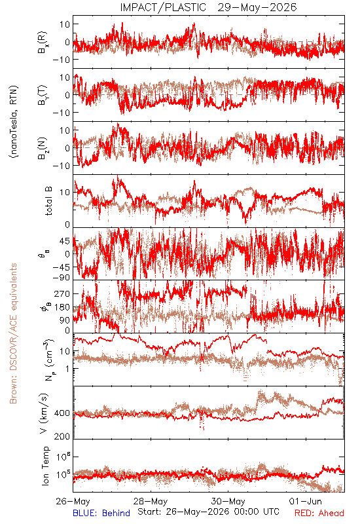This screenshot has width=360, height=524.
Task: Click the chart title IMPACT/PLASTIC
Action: [x=163, y=7]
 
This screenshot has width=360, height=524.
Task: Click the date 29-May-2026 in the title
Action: [x=257, y=7]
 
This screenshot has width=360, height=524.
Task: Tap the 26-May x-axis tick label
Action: [x=73, y=501]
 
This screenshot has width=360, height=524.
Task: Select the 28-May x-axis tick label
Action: [x=151, y=501]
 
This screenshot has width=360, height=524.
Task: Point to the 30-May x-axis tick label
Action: [x=228, y=501]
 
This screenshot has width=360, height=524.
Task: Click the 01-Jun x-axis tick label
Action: [x=305, y=501]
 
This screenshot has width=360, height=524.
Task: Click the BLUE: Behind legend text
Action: [x=101, y=513]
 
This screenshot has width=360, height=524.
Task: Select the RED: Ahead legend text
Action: [x=319, y=513]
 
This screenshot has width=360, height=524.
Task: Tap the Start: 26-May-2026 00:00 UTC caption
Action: [x=208, y=512]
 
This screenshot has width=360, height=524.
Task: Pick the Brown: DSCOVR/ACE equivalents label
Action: [x=13, y=333]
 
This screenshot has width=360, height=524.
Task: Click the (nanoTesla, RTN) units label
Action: [x=14, y=121]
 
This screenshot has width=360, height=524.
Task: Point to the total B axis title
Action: [x=48, y=201]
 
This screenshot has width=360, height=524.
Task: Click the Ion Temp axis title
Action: [x=45, y=466]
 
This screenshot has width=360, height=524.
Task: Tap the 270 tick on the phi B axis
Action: [x=62, y=293]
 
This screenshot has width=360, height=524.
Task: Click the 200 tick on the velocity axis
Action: [x=62, y=436]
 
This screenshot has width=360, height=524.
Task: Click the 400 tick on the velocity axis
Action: [x=62, y=413]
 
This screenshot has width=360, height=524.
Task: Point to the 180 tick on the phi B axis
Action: [x=62, y=307]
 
